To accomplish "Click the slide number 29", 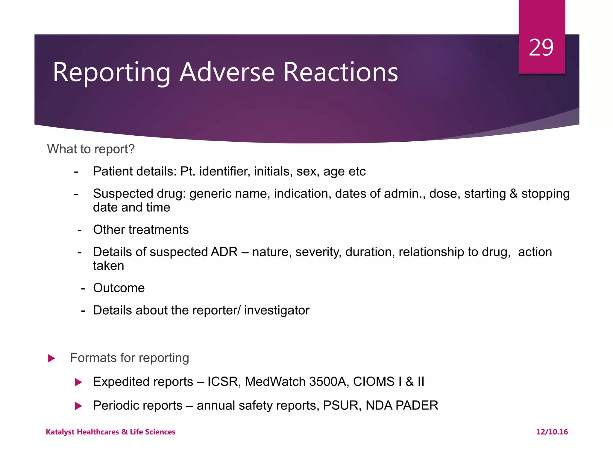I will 541,48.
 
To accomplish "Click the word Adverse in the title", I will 227,72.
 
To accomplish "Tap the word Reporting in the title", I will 111,72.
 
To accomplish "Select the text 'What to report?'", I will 91,149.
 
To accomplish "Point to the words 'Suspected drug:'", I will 139,194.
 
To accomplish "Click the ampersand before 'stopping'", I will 514,194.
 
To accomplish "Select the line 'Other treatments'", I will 141,230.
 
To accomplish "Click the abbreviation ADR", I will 224,252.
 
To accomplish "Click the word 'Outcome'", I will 119,288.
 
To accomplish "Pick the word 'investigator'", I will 277,310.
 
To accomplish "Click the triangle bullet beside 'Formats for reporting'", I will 51,358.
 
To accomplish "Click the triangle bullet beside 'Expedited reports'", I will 78,382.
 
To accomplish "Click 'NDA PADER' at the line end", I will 402,406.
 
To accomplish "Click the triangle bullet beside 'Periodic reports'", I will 78,406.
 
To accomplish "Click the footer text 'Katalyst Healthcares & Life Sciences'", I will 110,432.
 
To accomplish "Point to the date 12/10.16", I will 552,432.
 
